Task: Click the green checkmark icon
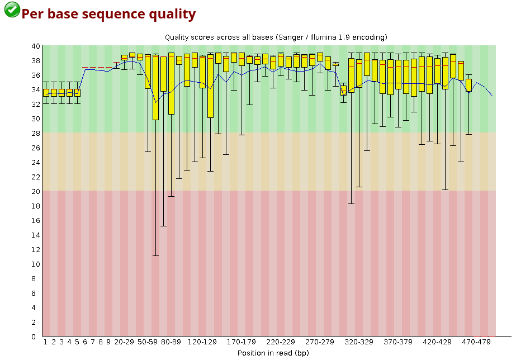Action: tap(12, 10)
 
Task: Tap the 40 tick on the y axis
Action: tap(36, 46)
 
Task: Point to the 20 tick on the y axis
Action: tap(36, 191)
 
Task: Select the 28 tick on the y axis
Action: tap(36, 133)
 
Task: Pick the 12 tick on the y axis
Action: tap(36, 249)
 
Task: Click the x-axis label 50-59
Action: tap(148, 342)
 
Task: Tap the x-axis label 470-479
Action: tap(476, 342)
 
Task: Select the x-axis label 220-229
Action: tap(280, 342)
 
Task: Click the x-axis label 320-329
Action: tap(359, 342)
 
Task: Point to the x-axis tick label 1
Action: tap(46, 342)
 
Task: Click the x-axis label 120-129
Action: tap(202, 342)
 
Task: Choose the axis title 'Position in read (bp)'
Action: tap(273, 353)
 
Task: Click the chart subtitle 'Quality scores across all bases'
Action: tap(218, 37)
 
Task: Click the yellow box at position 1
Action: tap(46, 93)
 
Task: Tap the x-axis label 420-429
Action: tap(437, 342)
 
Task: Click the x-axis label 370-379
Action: tap(398, 342)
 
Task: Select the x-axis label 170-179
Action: tap(242, 342)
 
